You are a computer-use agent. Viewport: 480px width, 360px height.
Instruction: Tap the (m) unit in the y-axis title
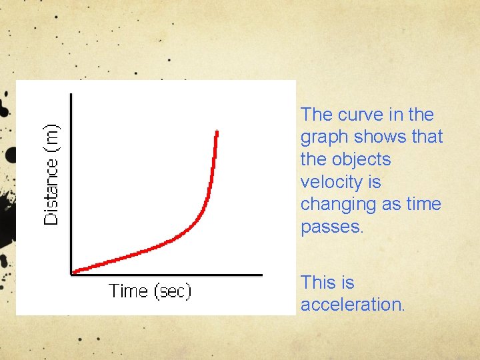point(51,137)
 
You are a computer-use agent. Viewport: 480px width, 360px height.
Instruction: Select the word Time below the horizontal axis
point(128,291)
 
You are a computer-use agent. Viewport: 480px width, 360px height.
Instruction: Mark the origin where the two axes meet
point(71,273)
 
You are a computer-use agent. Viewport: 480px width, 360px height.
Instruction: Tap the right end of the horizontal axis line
point(262,273)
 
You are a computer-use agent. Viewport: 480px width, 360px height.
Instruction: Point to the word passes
point(331,227)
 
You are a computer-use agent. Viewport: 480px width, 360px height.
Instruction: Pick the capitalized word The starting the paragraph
point(316,115)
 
